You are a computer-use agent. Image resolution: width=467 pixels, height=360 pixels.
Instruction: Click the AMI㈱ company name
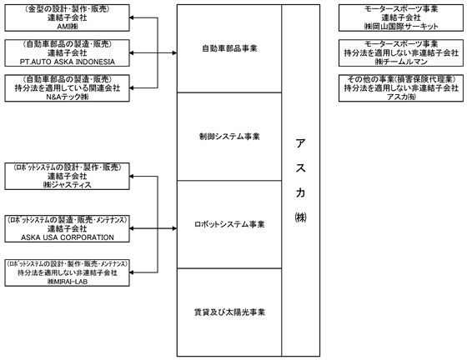[x=68, y=27]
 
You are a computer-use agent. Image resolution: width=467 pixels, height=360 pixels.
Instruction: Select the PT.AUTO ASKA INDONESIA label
[x=68, y=62]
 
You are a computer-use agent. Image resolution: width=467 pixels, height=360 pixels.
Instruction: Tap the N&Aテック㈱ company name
[x=68, y=97]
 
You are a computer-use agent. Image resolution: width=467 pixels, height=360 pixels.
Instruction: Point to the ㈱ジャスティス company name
[x=68, y=185]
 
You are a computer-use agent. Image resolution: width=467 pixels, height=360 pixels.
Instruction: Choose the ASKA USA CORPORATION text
[x=68, y=237]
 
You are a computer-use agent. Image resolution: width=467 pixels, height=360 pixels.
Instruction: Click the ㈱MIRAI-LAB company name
[x=68, y=282]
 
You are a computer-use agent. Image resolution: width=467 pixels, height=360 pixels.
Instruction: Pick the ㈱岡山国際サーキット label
[x=401, y=27]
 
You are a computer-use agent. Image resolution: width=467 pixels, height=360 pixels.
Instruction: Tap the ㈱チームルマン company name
[x=401, y=62]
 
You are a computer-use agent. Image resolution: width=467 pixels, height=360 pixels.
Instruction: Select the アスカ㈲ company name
[x=401, y=97]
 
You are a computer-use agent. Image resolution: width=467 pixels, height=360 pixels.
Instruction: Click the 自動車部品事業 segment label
[x=229, y=48]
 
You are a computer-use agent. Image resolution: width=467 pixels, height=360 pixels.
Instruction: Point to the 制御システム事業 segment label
[x=229, y=137]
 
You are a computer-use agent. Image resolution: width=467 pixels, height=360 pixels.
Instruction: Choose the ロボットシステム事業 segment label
[x=229, y=224]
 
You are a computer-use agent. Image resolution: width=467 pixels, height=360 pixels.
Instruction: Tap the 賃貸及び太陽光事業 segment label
[x=229, y=312]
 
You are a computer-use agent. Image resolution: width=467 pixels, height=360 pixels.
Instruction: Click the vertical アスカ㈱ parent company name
[x=300, y=180]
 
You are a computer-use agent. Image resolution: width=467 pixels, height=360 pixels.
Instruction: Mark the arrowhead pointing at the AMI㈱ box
[x=132, y=17]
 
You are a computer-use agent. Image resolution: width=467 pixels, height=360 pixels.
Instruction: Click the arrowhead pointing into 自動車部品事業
[x=175, y=53]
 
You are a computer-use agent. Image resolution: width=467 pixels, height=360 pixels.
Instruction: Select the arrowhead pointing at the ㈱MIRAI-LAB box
[x=132, y=272]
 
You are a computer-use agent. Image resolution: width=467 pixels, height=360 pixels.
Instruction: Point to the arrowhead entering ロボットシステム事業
[x=175, y=228]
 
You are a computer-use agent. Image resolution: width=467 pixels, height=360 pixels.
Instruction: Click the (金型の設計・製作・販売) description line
[x=68, y=9]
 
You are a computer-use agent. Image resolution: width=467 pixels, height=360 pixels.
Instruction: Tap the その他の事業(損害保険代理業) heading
[x=401, y=79]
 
